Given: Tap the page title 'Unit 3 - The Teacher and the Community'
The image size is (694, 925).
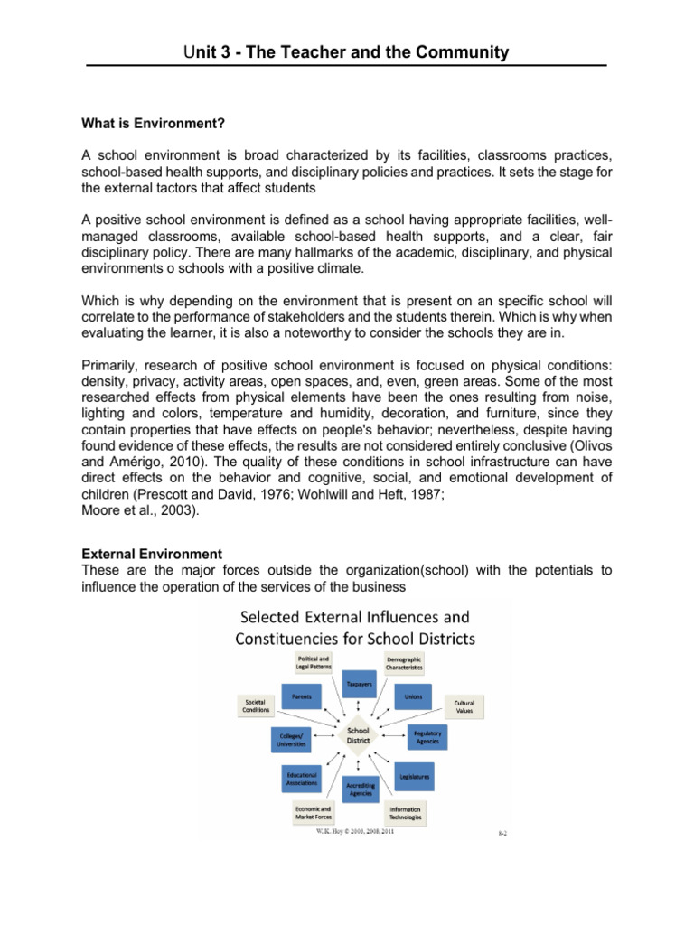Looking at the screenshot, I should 346,52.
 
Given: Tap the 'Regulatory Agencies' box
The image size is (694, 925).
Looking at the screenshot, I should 427,737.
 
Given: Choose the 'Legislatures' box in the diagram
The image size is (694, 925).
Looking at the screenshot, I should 413,776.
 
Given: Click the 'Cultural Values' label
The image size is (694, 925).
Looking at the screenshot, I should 464,705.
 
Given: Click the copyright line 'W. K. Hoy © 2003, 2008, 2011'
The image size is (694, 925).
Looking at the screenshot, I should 354,833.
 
